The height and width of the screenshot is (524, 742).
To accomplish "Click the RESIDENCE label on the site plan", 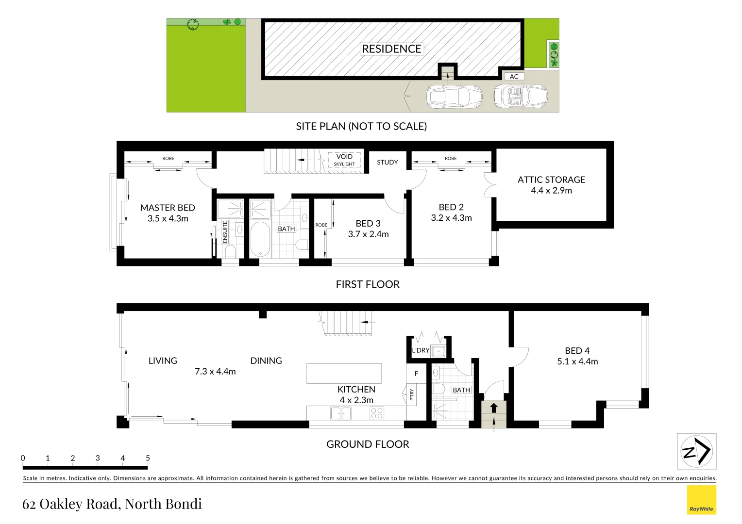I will [391, 49].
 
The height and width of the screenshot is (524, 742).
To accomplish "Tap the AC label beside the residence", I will [514, 77].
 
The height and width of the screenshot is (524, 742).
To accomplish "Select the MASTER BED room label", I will [168, 208].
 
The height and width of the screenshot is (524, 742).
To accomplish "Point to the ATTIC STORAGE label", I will [551, 180].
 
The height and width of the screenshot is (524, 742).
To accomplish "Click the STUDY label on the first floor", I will [387, 163].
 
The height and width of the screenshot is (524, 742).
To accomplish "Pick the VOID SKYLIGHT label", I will [344, 160].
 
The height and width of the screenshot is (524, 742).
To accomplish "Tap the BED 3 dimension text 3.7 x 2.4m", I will [368, 234].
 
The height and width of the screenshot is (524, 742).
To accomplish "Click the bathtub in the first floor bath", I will [260, 240].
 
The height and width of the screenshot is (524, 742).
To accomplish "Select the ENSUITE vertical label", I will [225, 232].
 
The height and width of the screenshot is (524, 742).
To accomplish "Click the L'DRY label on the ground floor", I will [421, 350].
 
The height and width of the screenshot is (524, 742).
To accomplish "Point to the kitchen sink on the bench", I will [341, 413].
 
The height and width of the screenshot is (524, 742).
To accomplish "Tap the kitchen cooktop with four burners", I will [377, 413].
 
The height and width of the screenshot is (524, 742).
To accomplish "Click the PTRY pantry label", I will [412, 394].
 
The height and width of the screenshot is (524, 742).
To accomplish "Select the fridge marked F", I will [416, 374].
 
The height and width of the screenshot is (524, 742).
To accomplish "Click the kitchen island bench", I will [344, 373].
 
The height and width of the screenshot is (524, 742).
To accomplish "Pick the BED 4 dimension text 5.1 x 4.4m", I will [577, 361].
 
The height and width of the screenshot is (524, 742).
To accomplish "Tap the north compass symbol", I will [696, 452].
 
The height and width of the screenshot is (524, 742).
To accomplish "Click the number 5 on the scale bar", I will [148, 458].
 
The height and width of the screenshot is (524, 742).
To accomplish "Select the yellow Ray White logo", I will [701, 500].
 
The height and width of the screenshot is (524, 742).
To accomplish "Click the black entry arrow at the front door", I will [494, 407].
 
